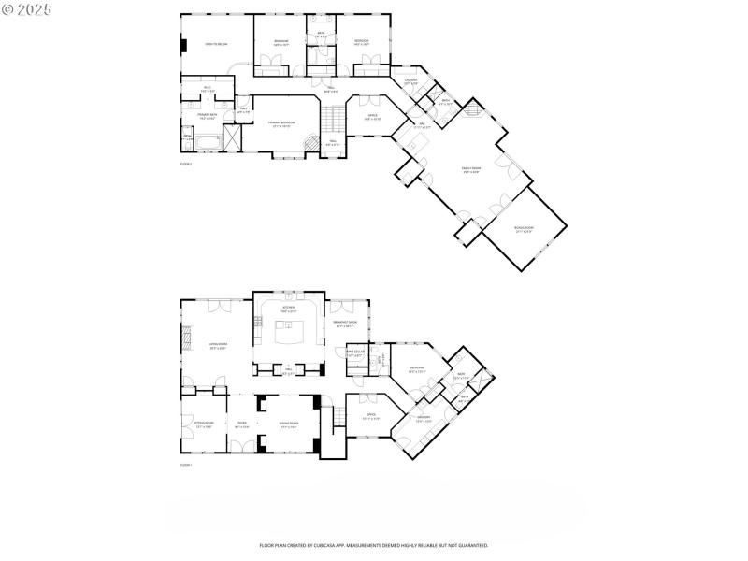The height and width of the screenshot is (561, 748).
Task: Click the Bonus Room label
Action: (x=524, y=230)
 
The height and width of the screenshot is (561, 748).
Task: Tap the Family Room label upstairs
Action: (x=470, y=170)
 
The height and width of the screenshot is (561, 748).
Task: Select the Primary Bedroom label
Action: (x=281, y=124)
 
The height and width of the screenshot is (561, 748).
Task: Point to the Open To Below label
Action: (x=217, y=44)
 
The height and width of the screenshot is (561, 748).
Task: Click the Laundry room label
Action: (x=410, y=82)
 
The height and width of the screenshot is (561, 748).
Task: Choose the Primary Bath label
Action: (x=208, y=118)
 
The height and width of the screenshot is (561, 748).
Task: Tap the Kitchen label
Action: (x=289, y=308)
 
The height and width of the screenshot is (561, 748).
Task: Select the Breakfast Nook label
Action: (x=347, y=324)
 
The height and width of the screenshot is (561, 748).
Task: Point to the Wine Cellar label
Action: (x=355, y=353)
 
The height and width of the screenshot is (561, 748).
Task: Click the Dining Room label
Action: (x=288, y=424)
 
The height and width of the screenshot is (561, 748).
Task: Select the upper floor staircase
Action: (x=334, y=120)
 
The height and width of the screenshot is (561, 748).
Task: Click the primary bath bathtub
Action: (x=208, y=142)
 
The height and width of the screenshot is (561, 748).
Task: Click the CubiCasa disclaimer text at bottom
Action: (x=374, y=545)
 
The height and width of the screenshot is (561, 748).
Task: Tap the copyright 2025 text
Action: (x=27, y=8)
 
